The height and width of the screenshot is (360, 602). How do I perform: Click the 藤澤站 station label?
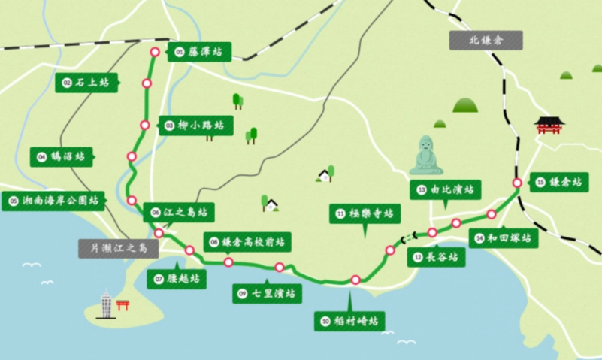(x=199, y=52)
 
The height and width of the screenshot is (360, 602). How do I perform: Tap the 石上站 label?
(x=86, y=83)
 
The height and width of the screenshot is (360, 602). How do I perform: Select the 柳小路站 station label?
(x=195, y=126)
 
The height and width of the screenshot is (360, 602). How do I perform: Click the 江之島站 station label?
(x=178, y=212)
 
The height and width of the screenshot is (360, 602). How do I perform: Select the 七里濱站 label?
(x=267, y=293)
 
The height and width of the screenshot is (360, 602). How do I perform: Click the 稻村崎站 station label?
(x=349, y=322)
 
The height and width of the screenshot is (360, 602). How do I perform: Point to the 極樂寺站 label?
(x=363, y=213)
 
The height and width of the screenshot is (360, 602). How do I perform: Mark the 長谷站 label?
(x=437, y=257)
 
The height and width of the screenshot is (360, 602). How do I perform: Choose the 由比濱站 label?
(x=445, y=190)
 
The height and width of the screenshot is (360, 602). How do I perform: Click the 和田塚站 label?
(x=504, y=239)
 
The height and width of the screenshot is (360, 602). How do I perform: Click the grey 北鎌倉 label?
(x=486, y=41)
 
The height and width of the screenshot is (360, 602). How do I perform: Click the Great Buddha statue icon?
(x=426, y=154)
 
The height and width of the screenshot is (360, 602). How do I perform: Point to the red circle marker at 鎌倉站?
(x=517, y=183)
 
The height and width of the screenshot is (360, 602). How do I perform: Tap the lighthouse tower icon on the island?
(x=106, y=304)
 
